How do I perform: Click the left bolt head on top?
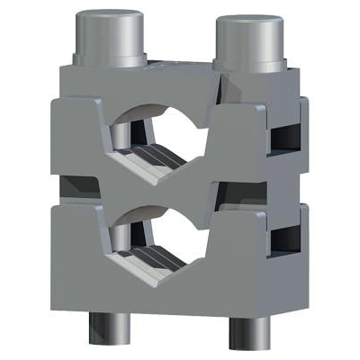tap(111, 38)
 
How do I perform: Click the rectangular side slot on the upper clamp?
tap(286, 135)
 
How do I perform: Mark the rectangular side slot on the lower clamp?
tap(286, 238)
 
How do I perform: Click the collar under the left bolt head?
tap(109, 61)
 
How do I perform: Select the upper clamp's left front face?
tap(76, 144)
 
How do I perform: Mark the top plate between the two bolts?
tap(180, 67)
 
